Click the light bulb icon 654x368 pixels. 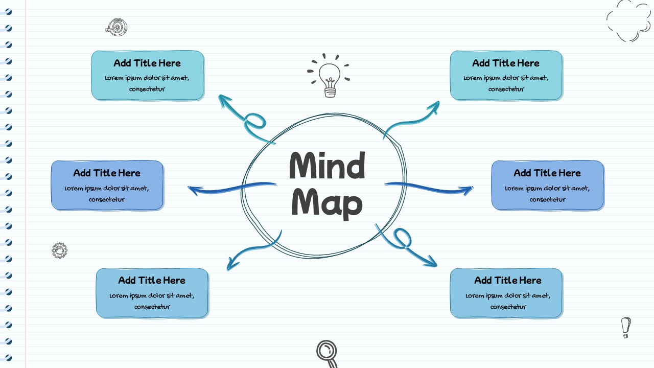(x=330, y=77)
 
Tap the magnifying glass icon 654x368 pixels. (x=327, y=353)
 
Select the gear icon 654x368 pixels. (x=60, y=250)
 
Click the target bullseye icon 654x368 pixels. (x=117, y=27)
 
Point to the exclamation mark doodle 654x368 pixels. (x=626, y=327)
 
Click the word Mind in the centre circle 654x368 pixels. (x=327, y=166)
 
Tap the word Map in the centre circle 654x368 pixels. (x=327, y=203)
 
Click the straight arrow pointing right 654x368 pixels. (x=429, y=188)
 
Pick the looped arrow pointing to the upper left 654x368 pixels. (x=248, y=120)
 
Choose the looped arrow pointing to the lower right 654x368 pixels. (x=406, y=245)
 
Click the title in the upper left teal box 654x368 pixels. (x=147, y=63)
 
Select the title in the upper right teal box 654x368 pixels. (x=506, y=63)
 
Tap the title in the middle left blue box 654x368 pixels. (x=107, y=173)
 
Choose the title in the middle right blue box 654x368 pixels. (x=547, y=173)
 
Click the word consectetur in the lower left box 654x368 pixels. (x=152, y=307)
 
